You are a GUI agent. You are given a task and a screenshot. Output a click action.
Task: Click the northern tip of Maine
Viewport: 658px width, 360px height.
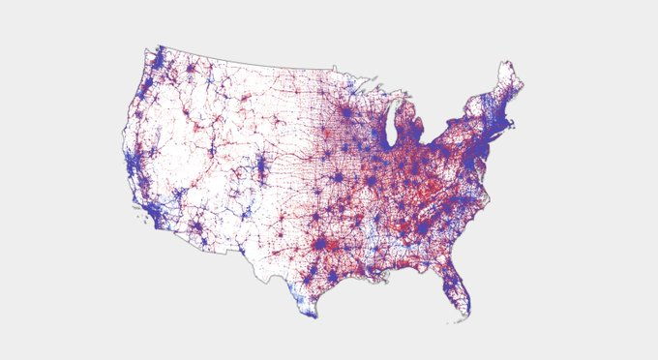click(x=506, y=65)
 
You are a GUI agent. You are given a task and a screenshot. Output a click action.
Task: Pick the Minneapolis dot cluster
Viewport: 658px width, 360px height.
click(x=345, y=112)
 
